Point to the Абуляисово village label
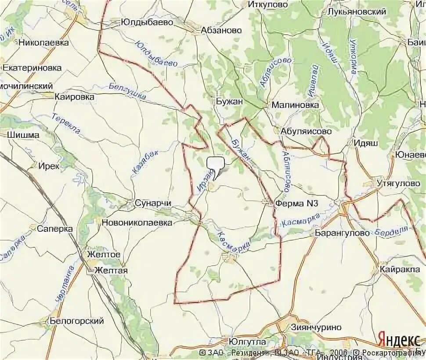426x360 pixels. click(303, 131)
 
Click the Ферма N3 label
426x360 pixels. click(296, 203)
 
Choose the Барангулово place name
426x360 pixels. click(342, 233)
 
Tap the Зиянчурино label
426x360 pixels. click(316, 327)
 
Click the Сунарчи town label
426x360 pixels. click(152, 203)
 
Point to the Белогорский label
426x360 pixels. click(76, 321)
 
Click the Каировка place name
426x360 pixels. click(74, 97)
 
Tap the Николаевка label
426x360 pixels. click(43, 43)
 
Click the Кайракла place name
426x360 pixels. click(401, 269)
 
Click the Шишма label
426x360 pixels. click(23, 135)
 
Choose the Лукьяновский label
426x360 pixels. click(357, 12)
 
